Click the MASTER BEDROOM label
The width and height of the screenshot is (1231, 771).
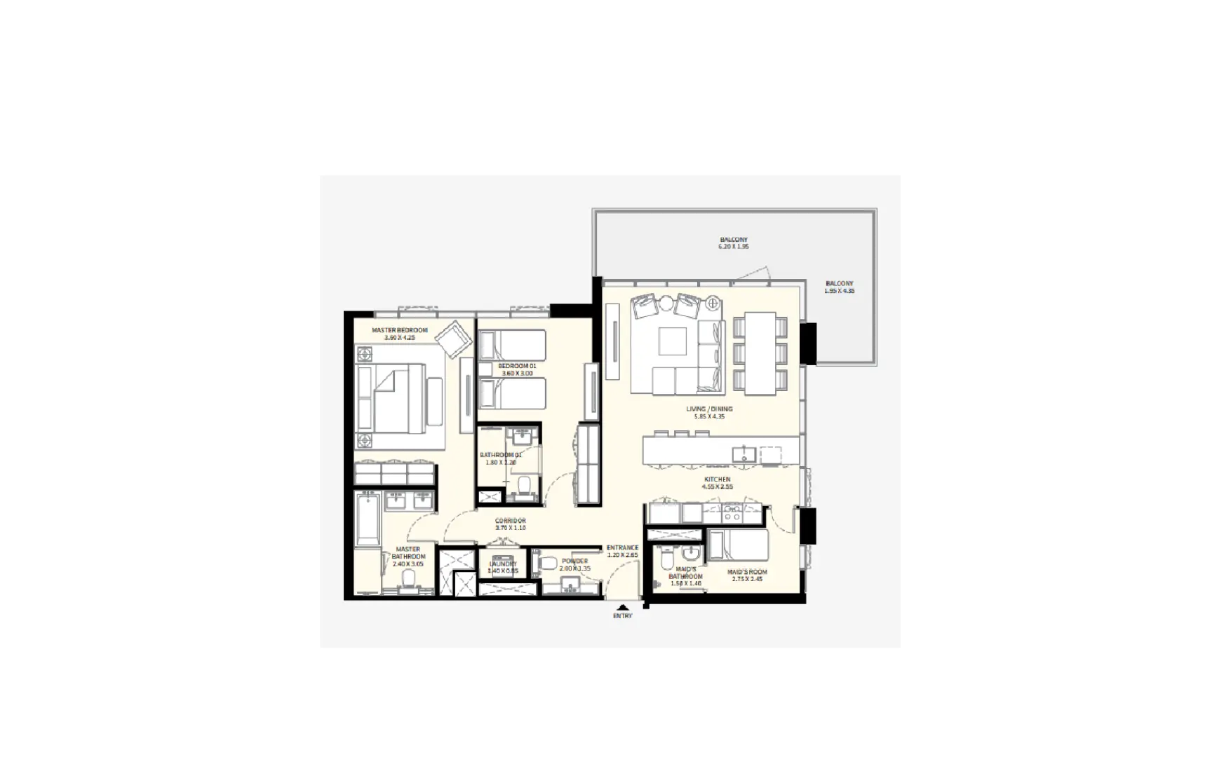click(x=399, y=330)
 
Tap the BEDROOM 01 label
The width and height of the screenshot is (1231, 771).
click(x=517, y=366)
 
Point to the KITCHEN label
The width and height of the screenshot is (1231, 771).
click(x=717, y=479)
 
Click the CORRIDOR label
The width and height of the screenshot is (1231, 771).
click(x=510, y=521)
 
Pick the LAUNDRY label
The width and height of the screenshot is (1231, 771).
click(x=503, y=564)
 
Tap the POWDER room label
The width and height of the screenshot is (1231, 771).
click(x=574, y=561)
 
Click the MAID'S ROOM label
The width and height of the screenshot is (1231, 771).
click(x=747, y=572)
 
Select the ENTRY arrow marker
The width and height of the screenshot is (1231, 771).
click(x=622, y=607)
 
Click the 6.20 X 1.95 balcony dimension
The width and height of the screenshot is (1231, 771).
click(x=734, y=247)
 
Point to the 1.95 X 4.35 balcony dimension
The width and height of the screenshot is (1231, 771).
click(x=839, y=291)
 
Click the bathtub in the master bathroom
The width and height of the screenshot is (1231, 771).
click(x=367, y=519)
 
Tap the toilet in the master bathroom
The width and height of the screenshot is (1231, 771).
click(x=408, y=579)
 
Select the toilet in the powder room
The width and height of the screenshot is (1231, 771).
click(x=549, y=562)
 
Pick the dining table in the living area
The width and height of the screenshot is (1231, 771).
click(x=760, y=353)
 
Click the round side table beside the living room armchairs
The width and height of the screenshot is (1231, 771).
click(x=713, y=303)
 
